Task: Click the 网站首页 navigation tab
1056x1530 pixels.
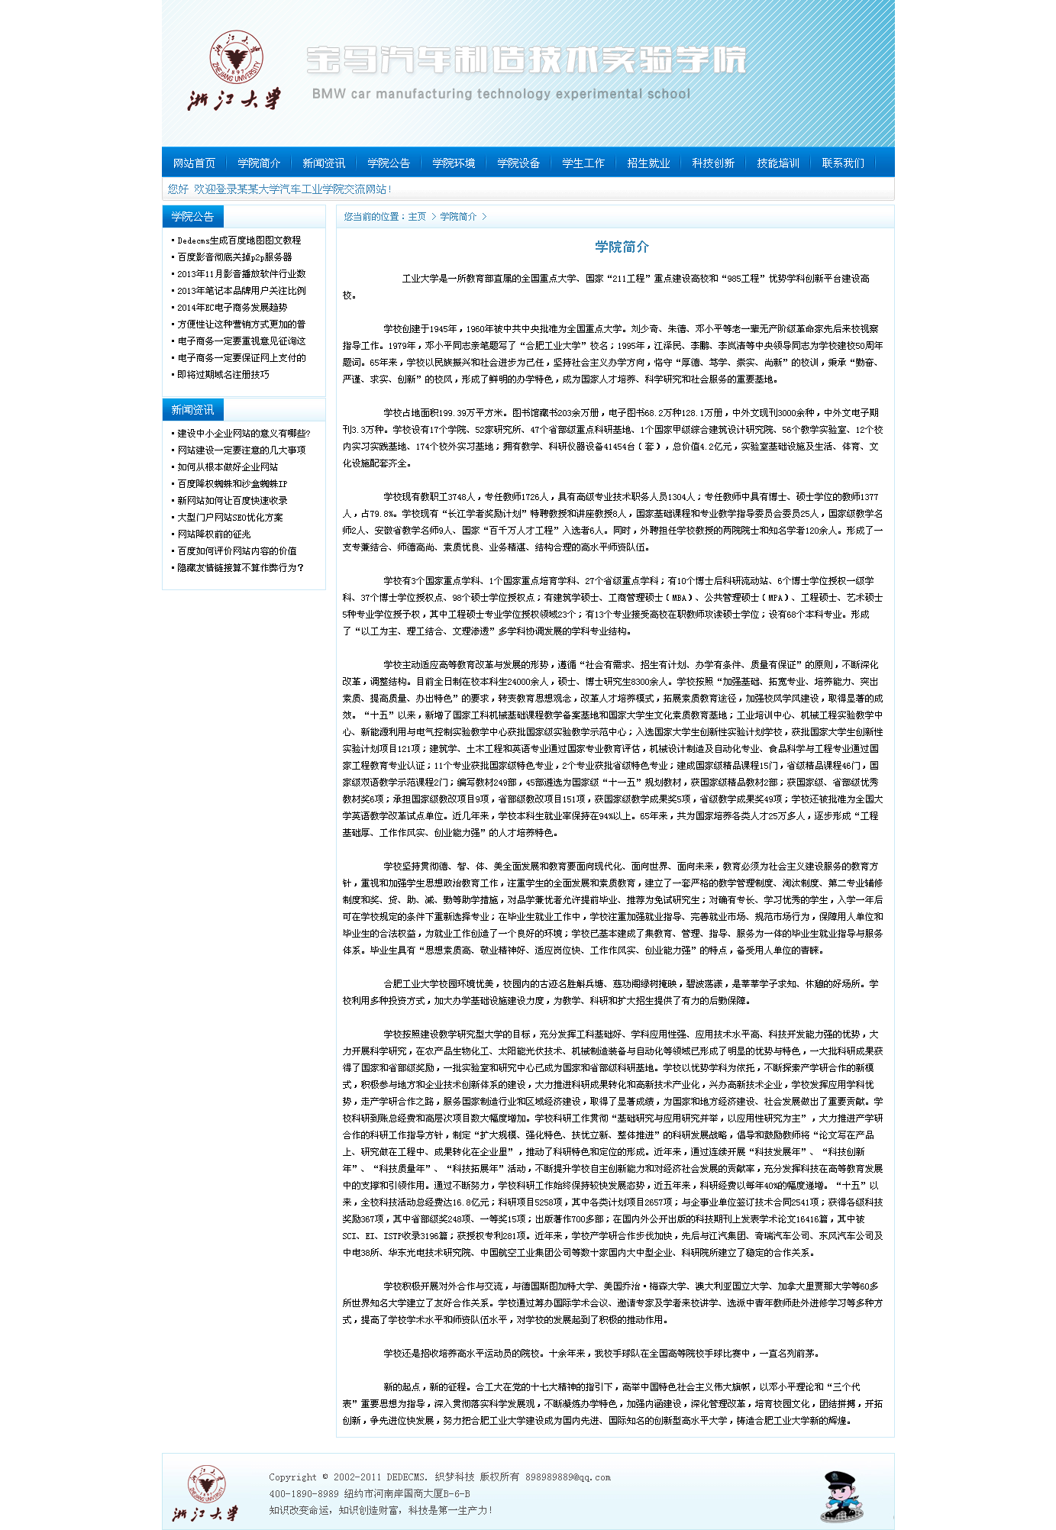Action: pos(194,163)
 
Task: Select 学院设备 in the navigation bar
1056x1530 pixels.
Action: pos(518,163)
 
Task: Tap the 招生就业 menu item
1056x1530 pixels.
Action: pos(648,163)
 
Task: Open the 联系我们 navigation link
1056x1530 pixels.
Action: pos(843,163)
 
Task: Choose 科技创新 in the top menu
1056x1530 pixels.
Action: pos(713,163)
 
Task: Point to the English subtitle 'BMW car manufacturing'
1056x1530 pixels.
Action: pos(501,94)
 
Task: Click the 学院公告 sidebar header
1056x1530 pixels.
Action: pos(192,217)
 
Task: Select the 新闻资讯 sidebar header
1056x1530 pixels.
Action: pos(192,410)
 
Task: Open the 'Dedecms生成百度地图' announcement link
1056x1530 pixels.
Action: pos(239,240)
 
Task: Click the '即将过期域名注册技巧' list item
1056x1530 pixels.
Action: pos(223,375)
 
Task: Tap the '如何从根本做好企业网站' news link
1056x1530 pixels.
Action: pos(228,467)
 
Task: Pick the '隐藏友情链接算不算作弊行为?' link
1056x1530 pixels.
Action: pos(241,568)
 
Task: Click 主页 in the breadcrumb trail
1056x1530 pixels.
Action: pos(417,217)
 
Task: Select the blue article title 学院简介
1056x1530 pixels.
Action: pos(622,247)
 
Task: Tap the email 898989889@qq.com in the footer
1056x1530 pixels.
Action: pos(567,1477)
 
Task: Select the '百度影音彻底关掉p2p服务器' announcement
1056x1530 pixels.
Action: pos(234,257)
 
